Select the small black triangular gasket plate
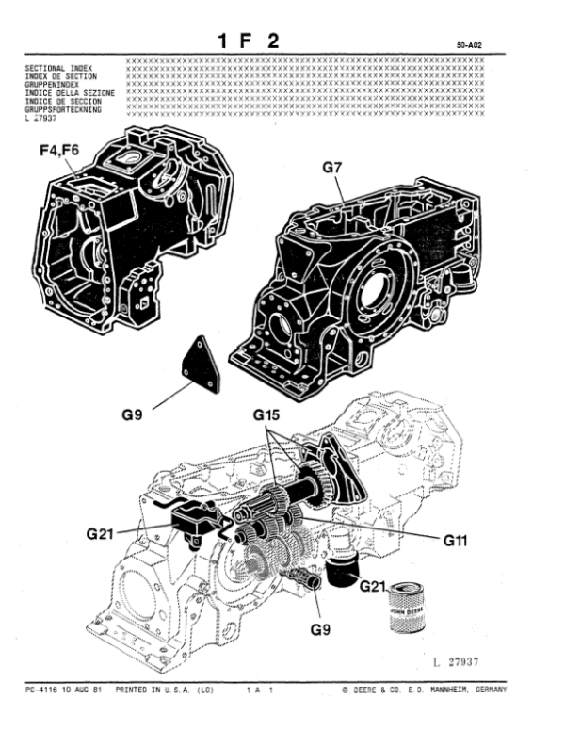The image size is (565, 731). [199, 364]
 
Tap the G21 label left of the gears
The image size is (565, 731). [105, 533]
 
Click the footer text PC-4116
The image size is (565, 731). [42, 690]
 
